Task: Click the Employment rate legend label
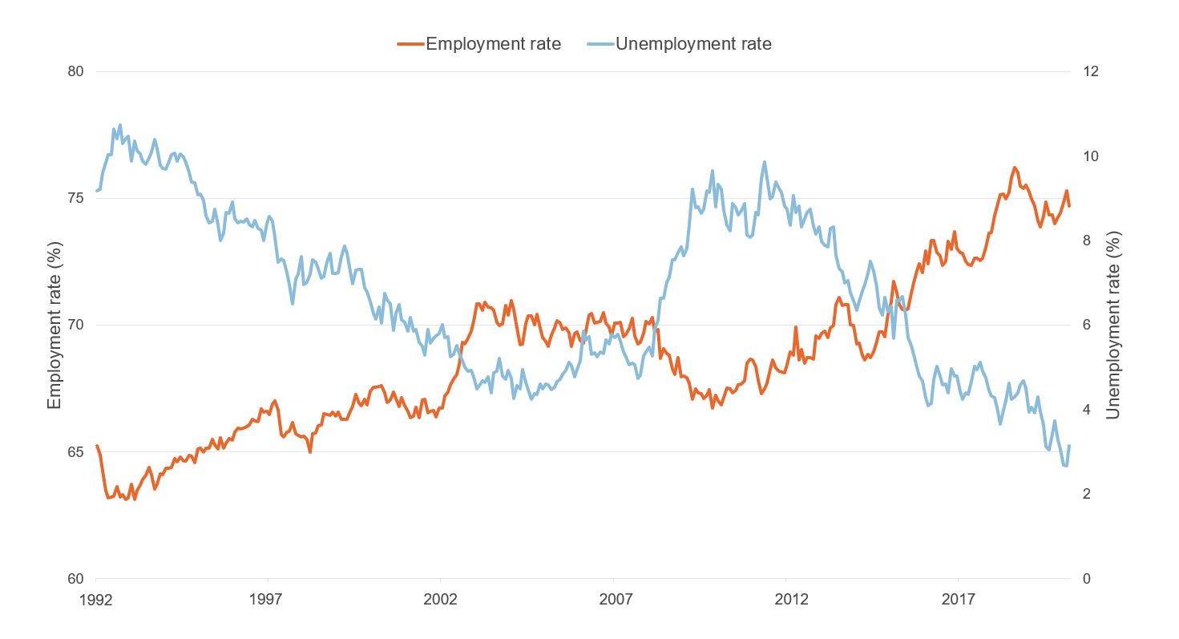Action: pyautogui.click(x=493, y=44)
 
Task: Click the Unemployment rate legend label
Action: pyautogui.click(x=693, y=44)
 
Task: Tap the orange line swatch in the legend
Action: pyautogui.click(x=410, y=44)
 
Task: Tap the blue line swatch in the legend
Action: pyautogui.click(x=600, y=44)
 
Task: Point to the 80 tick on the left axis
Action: pyautogui.click(x=75, y=71)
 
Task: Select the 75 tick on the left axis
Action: pyautogui.click(x=75, y=198)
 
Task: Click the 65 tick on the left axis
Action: pyautogui.click(x=75, y=452)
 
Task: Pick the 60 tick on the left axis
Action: pyautogui.click(x=75, y=579)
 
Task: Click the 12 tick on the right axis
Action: pyautogui.click(x=1090, y=71)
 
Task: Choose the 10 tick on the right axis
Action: pyautogui.click(x=1090, y=156)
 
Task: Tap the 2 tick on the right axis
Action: pyautogui.click(x=1087, y=494)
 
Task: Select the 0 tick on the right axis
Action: pyautogui.click(x=1087, y=579)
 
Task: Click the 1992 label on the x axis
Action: pyautogui.click(x=96, y=599)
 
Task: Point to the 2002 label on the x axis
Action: pyautogui.click(x=440, y=599)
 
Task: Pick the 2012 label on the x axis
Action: pyautogui.click(x=785, y=599)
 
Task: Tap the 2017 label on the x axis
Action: pyautogui.click(x=958, y=599)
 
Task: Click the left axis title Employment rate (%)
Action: pyautogui.click(x=55, y=325)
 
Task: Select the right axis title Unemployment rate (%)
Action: pyautogui.click(x=1112, y=325)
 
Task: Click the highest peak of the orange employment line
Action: pyautogui.click(x=1015, y=168)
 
